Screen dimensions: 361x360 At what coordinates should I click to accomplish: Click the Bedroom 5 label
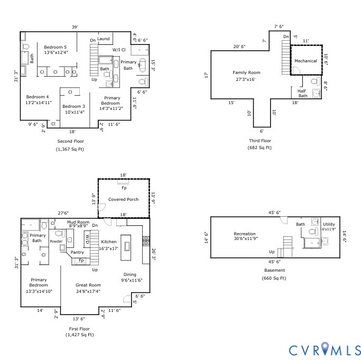[x=55, y=47]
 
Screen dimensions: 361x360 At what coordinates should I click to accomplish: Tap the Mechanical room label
[x=306, y=61]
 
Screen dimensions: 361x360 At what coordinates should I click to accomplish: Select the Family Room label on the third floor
[x=246, y=72]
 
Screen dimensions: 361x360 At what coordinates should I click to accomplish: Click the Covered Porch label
[x=123, y=199]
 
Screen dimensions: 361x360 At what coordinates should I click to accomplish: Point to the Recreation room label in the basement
[x=245, y=234]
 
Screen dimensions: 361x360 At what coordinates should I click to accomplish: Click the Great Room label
[x=88, y=285]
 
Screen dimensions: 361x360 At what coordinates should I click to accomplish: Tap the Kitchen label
[x=109, y=242]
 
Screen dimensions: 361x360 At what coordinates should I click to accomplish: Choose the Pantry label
[x=77, y=252]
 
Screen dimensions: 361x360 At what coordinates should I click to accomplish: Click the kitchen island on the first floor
[x=126, y=247]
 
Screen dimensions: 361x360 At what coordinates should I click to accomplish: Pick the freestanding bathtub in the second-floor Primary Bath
[x=143, y=66]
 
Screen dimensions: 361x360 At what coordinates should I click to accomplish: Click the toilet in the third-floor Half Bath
[x=316, y=81]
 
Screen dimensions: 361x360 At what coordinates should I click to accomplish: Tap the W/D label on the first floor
[x=88, y=239]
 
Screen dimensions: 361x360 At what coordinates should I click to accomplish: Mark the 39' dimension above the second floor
[x=75, y=27]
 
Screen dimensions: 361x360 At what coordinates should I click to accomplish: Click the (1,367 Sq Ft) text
[x=70, y=149]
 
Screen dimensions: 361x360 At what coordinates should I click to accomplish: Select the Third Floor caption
[x=260, y=141]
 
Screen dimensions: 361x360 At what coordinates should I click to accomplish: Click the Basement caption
[x=274, y=270]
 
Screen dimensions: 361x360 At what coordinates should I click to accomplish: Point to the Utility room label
[x=329, y=224]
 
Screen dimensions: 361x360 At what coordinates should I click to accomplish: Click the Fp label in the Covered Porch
[x=124, y=188]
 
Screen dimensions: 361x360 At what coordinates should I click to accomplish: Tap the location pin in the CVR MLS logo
[x=325, y=347]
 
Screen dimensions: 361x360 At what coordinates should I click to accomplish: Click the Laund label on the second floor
[x=104, y=39]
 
